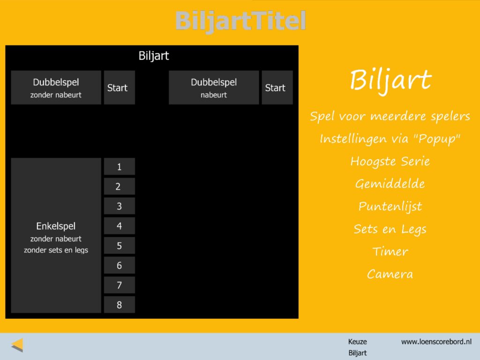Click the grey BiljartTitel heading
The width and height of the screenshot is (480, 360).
tap(240, 21)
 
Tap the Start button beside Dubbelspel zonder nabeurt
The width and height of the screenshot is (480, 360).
tap(120, 88)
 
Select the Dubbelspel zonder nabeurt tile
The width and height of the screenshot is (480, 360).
tap(56, 88)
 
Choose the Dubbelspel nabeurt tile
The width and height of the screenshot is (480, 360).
tap(214, 88)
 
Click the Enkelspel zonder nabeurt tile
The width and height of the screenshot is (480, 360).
tap(56, 235)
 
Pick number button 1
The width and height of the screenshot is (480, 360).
tap(120, 166)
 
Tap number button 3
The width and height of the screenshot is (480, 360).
tap(120, 206)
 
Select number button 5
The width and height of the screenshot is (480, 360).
tap(120, 246)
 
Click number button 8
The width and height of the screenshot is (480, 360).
tap(120, 305)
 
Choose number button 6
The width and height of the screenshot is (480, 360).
tap(120, 265)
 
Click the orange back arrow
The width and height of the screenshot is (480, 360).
tap(17, 345)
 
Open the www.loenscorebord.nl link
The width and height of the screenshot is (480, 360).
tap(436, 342)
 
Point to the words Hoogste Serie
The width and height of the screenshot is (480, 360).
tap(390, 161)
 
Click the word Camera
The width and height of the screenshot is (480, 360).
tap(390, 274)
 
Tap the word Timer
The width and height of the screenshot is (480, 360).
tap(390, 251)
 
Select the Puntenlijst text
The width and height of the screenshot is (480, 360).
tap(390, 206)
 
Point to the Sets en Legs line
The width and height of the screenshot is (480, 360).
tap(390, 229)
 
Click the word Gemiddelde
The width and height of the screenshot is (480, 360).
tap(390, 184)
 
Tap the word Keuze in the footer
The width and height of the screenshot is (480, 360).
tap(357, 342)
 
